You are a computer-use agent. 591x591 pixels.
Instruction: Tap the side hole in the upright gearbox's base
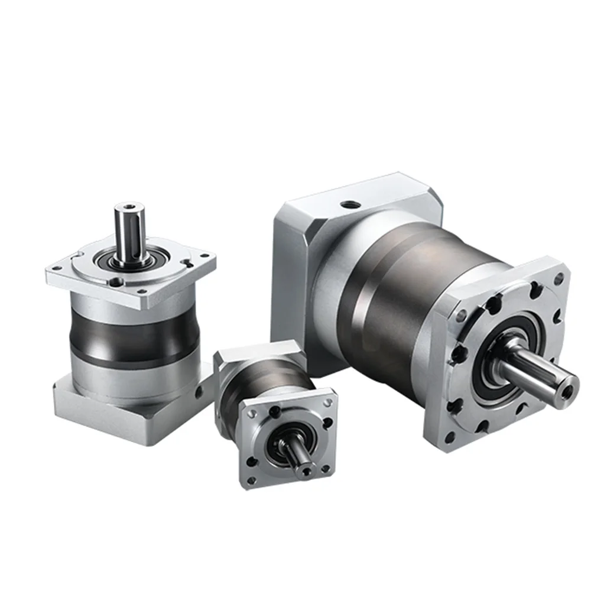200,391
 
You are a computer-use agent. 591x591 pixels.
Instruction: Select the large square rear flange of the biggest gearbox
295,266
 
